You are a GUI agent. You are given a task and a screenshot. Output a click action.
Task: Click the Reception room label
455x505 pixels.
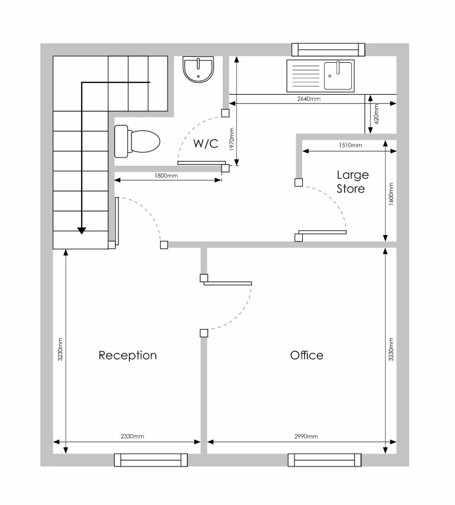127,355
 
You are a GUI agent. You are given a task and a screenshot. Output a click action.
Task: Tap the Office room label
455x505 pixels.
306,355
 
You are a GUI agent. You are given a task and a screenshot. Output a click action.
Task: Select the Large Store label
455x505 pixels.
352,182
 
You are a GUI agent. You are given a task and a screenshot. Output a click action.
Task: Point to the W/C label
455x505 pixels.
206,143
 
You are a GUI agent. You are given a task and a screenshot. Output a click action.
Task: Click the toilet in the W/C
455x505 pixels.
137,141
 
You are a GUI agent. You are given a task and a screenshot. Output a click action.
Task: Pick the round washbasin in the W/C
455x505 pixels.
198,70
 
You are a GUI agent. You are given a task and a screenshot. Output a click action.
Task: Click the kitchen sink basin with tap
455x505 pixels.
338,76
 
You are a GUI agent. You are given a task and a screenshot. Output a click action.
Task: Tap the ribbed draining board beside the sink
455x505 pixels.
305,76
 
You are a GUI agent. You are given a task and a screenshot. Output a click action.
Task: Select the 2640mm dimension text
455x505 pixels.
309,99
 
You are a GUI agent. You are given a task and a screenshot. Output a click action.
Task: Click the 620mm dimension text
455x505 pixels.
377,114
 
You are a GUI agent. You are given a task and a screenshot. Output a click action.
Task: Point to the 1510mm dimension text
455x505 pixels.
350,145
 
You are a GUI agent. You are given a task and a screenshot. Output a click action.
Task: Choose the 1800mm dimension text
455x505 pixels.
166,175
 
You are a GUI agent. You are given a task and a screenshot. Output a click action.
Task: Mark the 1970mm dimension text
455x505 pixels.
232,139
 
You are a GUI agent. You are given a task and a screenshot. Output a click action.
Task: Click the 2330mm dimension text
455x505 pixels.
132,436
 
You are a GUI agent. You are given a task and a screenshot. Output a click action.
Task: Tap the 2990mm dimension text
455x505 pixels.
306,436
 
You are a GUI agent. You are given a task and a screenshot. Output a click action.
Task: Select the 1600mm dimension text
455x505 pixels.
391,194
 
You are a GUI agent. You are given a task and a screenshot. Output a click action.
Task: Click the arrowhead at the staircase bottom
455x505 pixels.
82,231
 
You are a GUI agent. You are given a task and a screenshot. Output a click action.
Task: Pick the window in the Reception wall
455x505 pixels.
151,460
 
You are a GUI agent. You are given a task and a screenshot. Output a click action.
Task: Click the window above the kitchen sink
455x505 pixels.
328,50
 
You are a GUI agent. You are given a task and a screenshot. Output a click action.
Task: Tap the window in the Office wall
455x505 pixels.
325,460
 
